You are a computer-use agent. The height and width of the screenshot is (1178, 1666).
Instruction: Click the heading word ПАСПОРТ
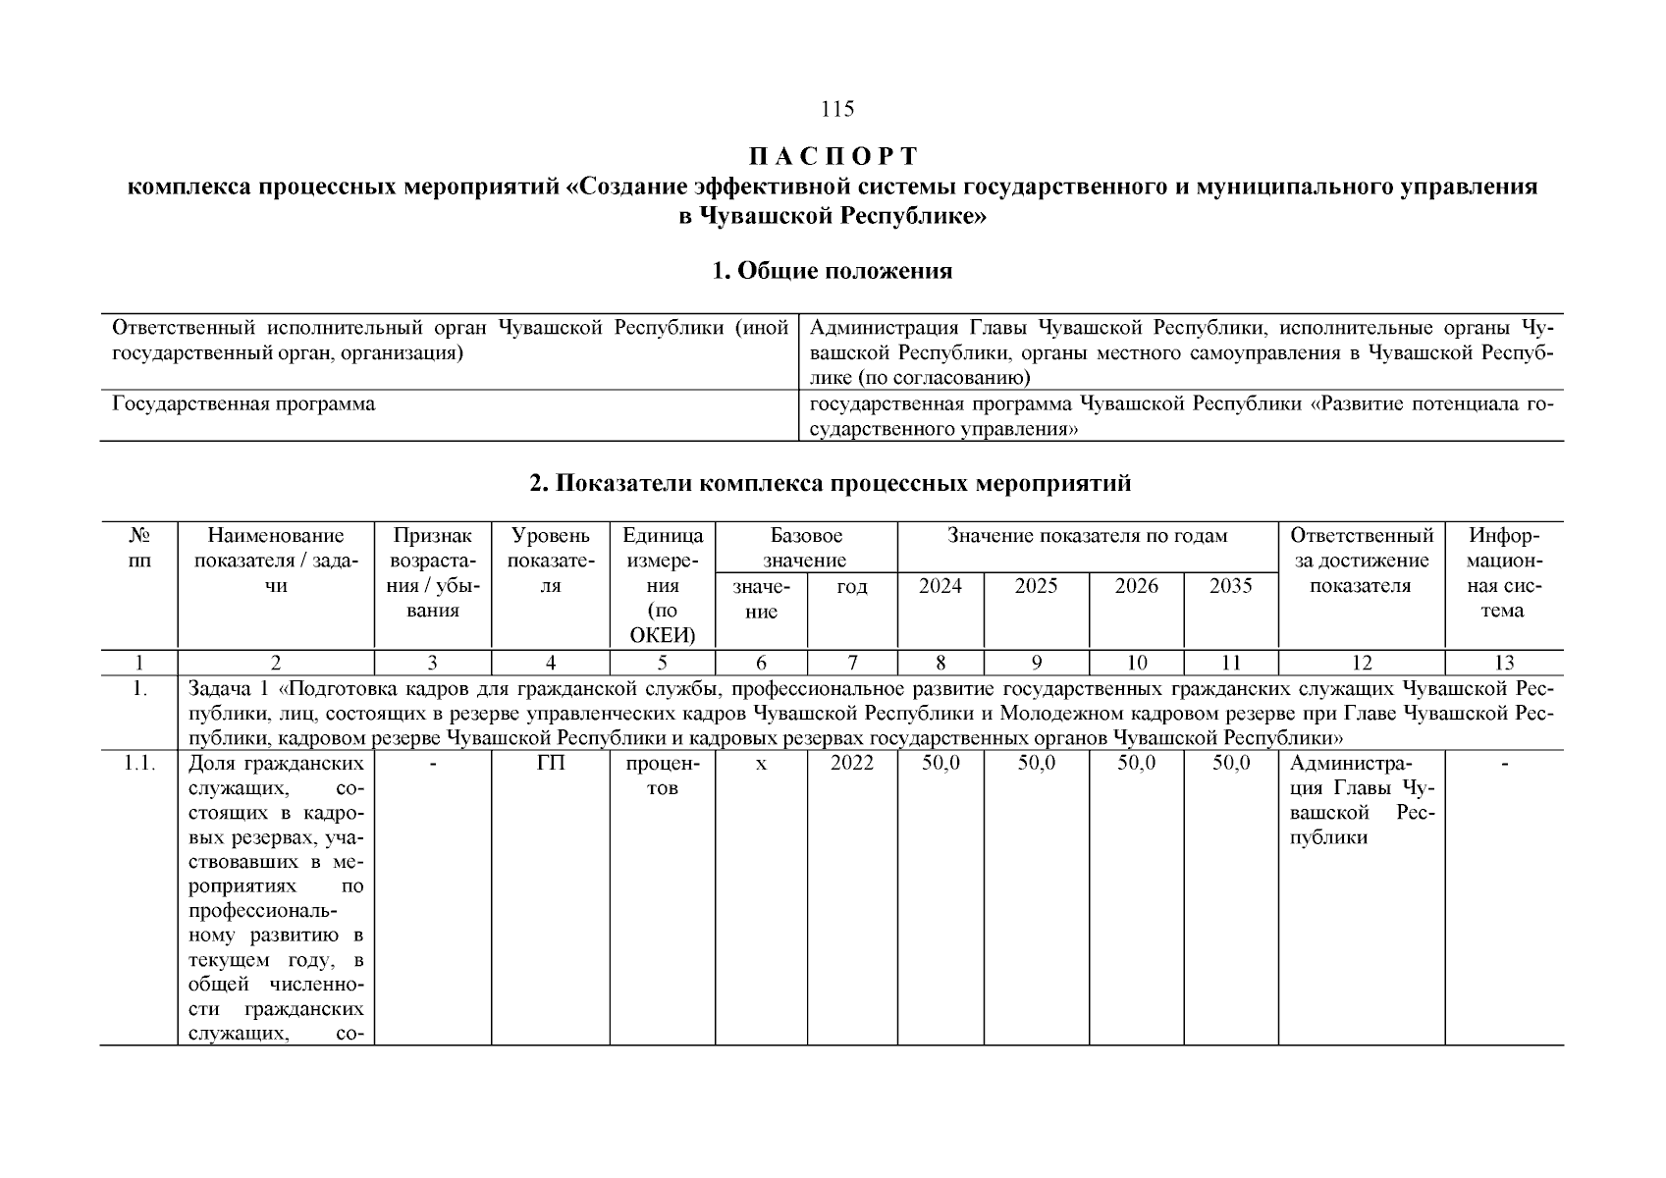(x=833, y=157)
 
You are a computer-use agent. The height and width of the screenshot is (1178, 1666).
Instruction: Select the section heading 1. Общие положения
(x=832, y=271)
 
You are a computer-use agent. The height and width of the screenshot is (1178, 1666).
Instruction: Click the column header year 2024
(x=940, y=586)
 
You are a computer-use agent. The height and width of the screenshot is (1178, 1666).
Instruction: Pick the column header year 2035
(x=1230, y=586)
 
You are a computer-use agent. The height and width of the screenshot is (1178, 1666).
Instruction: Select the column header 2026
(x=1136, y=586)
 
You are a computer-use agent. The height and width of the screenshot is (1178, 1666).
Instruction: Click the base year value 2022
(x=851, y=764)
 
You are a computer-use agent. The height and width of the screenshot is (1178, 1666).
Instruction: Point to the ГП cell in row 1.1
(x=551, y=764)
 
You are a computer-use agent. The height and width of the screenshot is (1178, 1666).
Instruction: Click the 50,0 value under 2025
(x=1036, y=764)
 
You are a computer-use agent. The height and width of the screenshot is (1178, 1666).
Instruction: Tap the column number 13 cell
(x=1503, y=663)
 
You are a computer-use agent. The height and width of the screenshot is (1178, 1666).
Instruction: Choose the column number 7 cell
(x=852, y=663)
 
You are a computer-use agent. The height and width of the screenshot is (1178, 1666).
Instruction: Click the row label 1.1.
(x=138, y=764)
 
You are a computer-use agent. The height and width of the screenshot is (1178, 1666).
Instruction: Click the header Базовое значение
(x=806, y=548)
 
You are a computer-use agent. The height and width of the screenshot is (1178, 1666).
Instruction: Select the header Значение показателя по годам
(x=1087, y=536)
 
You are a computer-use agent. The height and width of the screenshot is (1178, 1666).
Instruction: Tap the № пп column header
(x=138, y=548)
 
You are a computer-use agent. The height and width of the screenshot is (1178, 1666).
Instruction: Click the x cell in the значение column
(x=761, y=764)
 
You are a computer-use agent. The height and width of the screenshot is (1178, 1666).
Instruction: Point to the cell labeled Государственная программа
(x=243, y=404)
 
